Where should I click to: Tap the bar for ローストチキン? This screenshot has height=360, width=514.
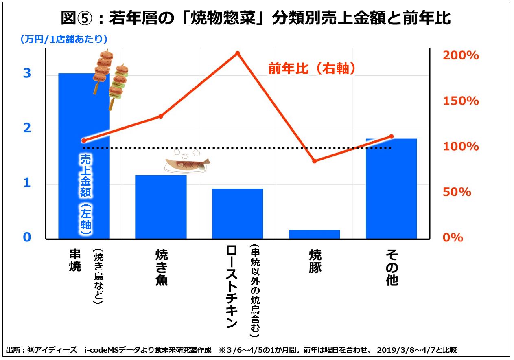(237, 213)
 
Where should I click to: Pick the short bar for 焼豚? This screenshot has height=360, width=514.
(314, 234)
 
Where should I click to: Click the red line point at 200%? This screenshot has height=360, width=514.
(238, 53)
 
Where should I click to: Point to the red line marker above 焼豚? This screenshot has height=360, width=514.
(315, 161)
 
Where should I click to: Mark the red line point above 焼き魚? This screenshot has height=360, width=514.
(161, 116)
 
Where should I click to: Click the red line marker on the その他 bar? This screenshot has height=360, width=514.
(391, 136)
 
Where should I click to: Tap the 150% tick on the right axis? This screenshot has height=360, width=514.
(461, 101)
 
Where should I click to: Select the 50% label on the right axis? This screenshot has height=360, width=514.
(457, 192)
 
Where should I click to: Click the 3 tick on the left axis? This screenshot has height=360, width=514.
(27, 73)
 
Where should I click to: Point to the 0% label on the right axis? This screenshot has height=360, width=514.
(453, 237)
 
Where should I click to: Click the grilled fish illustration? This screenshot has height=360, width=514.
(187, 163)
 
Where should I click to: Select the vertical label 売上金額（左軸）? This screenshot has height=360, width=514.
(85, 194)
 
